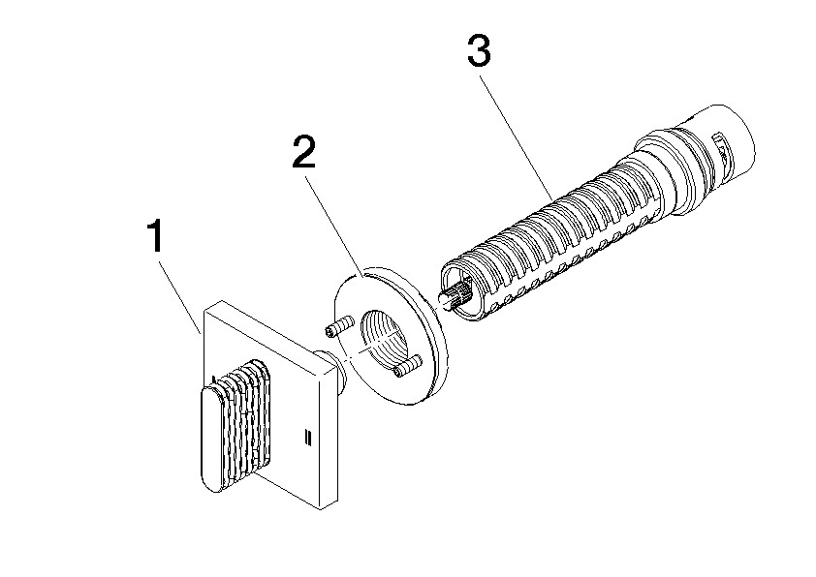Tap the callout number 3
(480, 51)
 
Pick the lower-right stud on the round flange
(407, 365)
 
